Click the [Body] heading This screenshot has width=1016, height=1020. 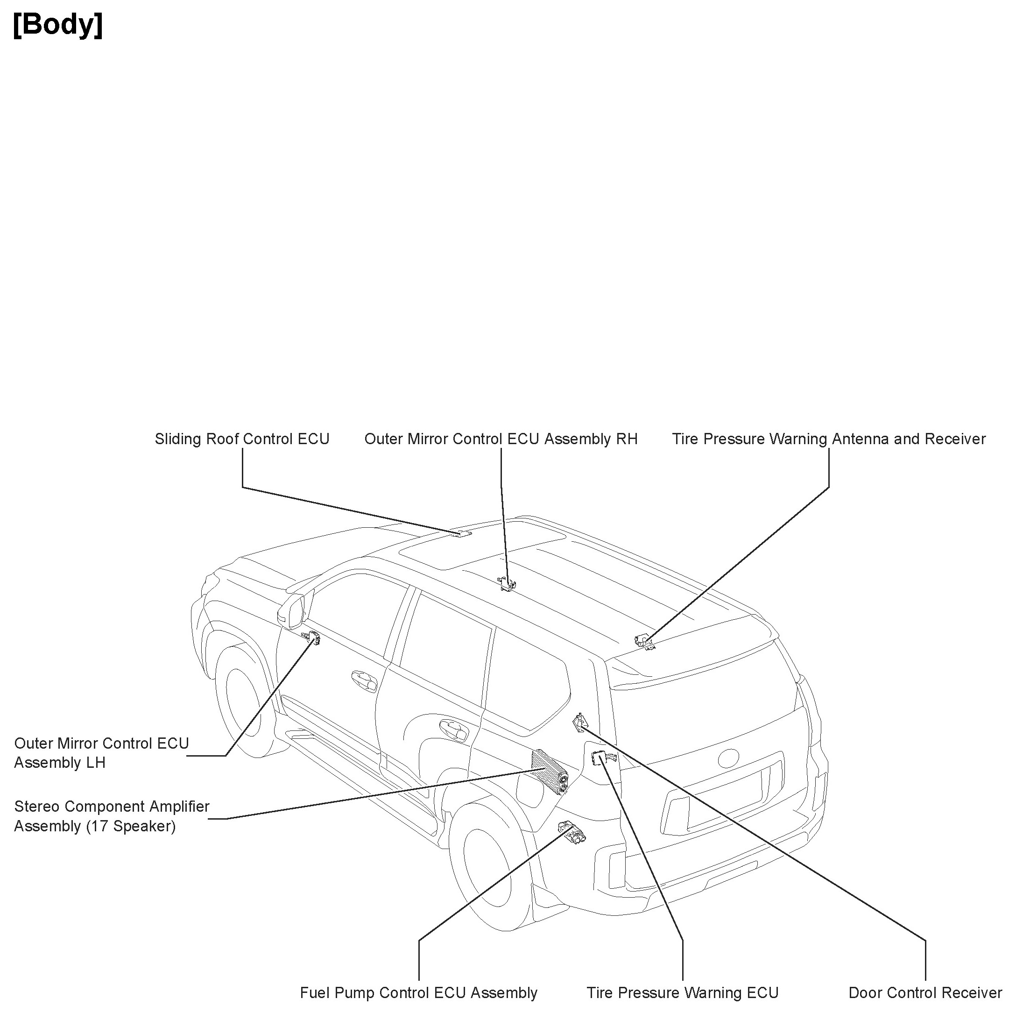click(58, 25)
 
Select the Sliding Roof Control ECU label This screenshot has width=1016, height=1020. click(242, 439)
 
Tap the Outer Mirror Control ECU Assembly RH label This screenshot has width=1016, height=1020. click(501, 439)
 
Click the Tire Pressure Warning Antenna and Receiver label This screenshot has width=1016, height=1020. click(829, 439)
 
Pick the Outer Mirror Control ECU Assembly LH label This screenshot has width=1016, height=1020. click(101, 753)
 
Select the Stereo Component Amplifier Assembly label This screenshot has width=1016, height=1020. click(112, 816)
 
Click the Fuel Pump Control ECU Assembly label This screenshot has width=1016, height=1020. click(418, 993)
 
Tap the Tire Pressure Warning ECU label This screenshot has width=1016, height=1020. click(683, 993)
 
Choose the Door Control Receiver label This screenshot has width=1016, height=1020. click(924, 993)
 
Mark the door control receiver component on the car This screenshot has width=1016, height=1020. click(580, 722)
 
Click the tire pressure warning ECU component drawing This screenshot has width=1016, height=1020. click(602, 758)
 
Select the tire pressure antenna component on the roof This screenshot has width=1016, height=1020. click(644, 641)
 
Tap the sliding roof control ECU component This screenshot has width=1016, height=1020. click(462, 534)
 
